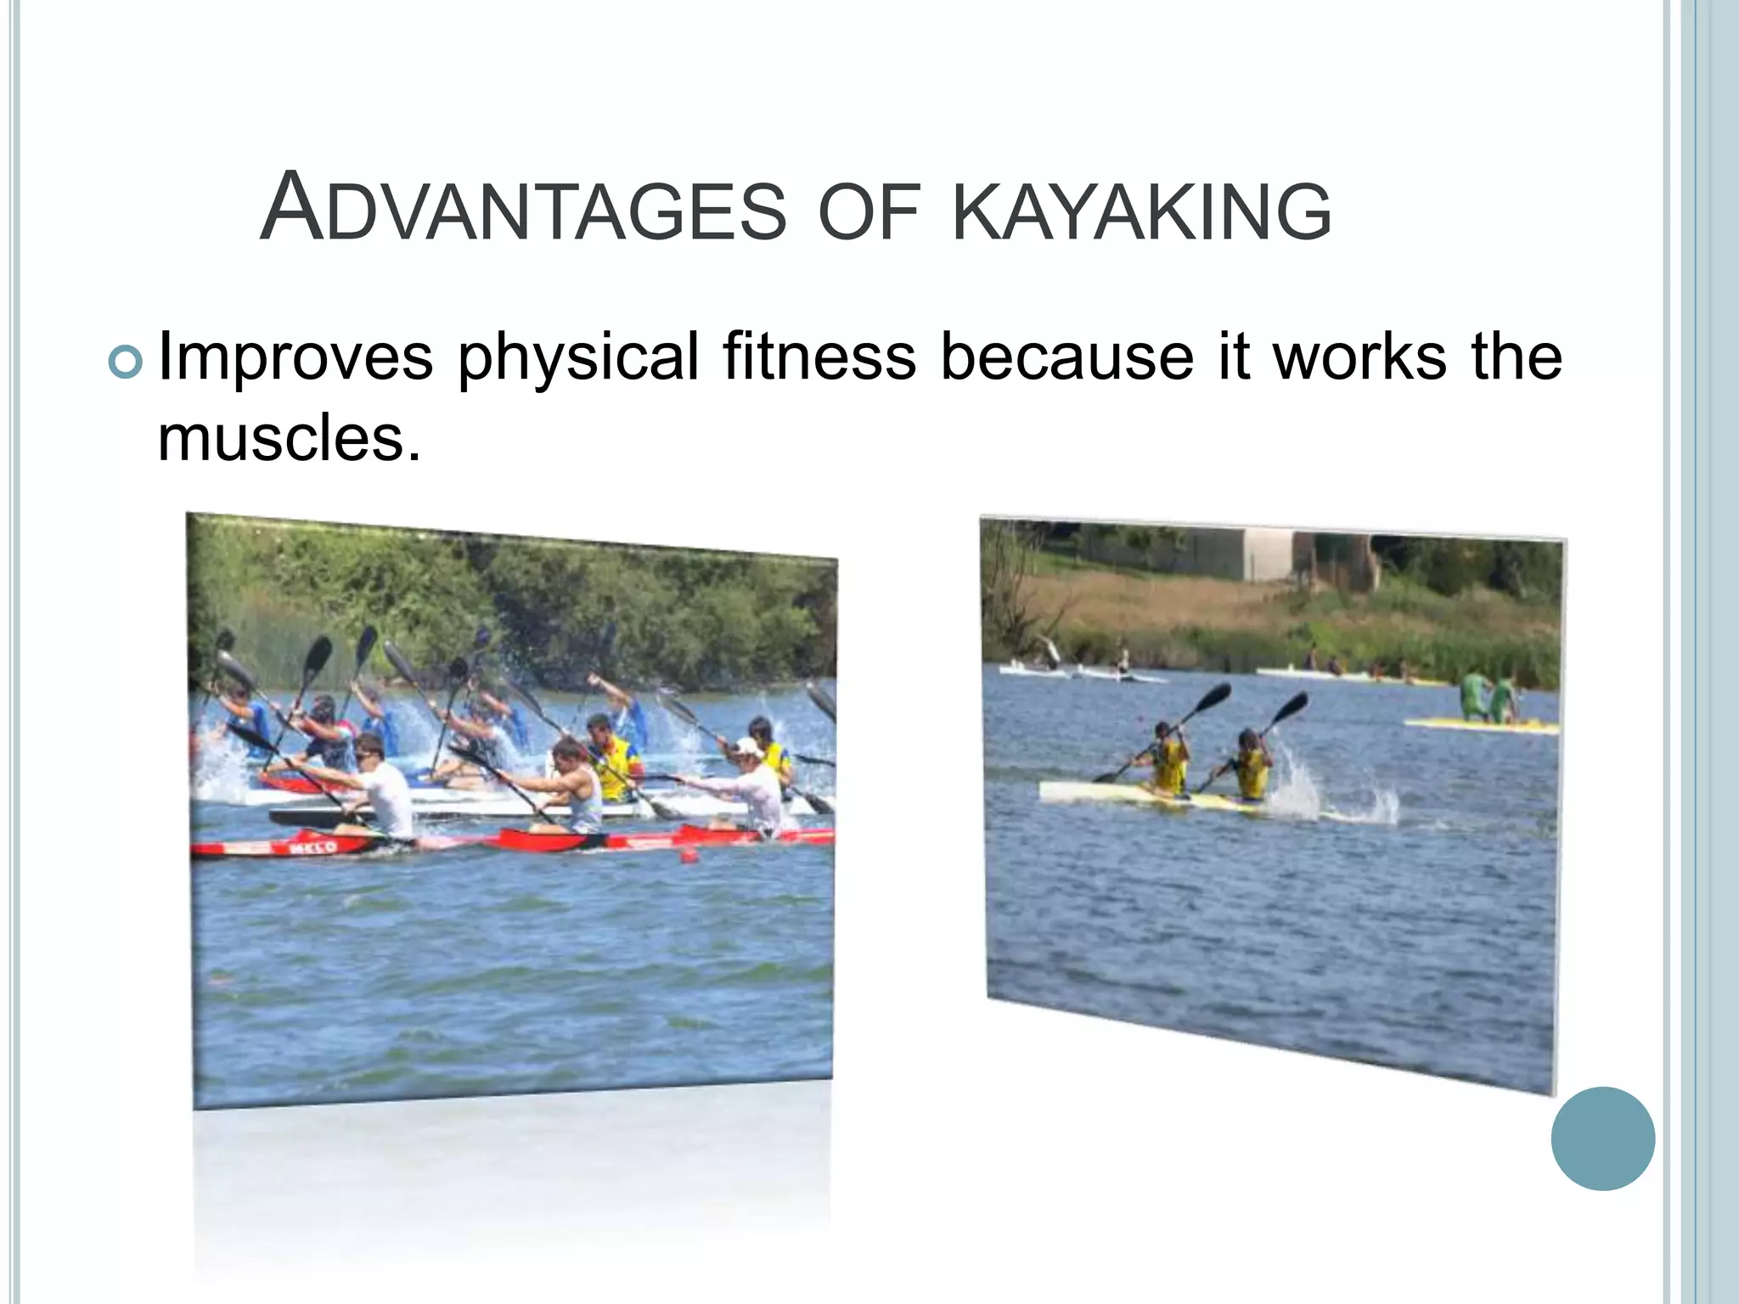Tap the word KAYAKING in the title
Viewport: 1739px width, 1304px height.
click(x=1142, y=211)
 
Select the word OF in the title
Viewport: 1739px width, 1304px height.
click(x=869, y=211)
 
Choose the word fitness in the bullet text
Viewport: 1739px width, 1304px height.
click(x=819, y=357)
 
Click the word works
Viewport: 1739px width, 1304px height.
click(x=1359, y=357)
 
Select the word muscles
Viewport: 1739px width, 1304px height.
click(x=289, y=439)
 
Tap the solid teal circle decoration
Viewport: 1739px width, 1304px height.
click(x=1602, y=1138)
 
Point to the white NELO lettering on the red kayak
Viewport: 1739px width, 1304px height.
click(x=313, y=846)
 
